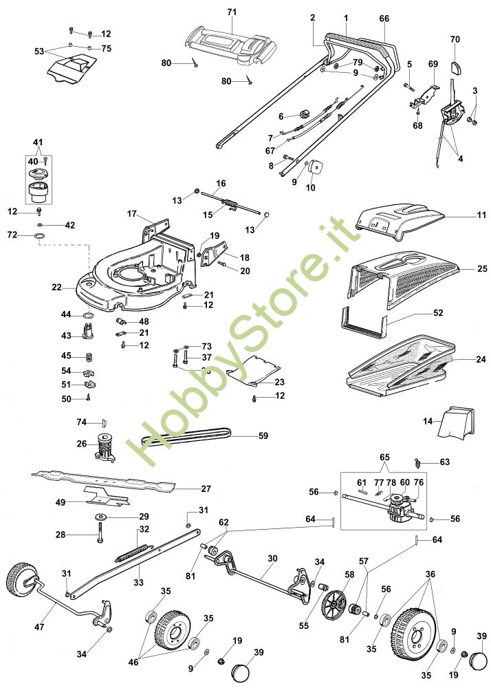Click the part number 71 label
(232, 12)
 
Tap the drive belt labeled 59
(186, 436)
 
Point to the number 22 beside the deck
(56, 288)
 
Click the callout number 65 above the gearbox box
(384, 457)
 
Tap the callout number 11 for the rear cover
(482, 215)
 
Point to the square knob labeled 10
(314, 168)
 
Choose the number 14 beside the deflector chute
(428, 421)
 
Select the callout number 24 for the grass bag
(481, 359)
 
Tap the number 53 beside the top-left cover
(39, 52)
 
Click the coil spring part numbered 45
(89, 356)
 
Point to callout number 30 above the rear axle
(273, 559)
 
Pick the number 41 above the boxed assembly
(38, 142)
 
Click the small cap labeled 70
(457, 68)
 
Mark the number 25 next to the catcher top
(482, 268)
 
